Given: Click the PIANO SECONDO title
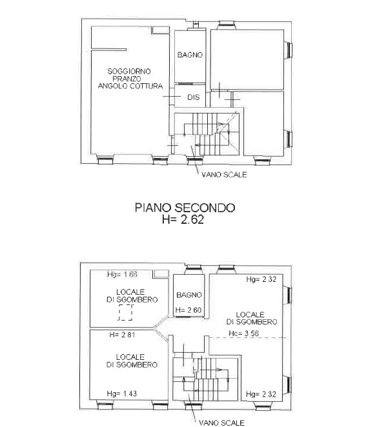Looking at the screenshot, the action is point(185,208).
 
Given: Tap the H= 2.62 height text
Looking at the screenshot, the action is point(183,219).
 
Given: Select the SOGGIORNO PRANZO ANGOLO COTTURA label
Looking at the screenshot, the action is point(130,79).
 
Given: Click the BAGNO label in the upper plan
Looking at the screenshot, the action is point(190,55).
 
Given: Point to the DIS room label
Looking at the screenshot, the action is point(193,97).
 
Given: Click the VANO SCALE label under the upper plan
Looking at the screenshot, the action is point(224,175).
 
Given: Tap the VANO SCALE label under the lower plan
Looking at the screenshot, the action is point(222,423).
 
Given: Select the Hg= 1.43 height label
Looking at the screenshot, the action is point(122,393).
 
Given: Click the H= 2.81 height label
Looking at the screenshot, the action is point(122,335).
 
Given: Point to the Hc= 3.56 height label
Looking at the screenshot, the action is point(243,333).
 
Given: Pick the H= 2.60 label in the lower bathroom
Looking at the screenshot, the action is point(188,310).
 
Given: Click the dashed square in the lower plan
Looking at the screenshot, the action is point(125,312).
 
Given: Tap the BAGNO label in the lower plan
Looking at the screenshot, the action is point(189,295).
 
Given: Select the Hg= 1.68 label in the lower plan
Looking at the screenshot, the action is point(123,274).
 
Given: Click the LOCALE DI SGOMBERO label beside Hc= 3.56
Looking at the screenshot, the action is point(252,319).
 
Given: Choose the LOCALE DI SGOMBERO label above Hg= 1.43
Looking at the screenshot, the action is point(132,361).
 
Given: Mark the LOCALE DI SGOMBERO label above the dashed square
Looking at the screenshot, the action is point(132,296).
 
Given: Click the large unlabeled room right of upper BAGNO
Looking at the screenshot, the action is point(247,59).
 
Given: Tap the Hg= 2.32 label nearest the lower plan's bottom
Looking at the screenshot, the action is point(261,394).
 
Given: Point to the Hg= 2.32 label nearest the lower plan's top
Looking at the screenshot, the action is point(261,279).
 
